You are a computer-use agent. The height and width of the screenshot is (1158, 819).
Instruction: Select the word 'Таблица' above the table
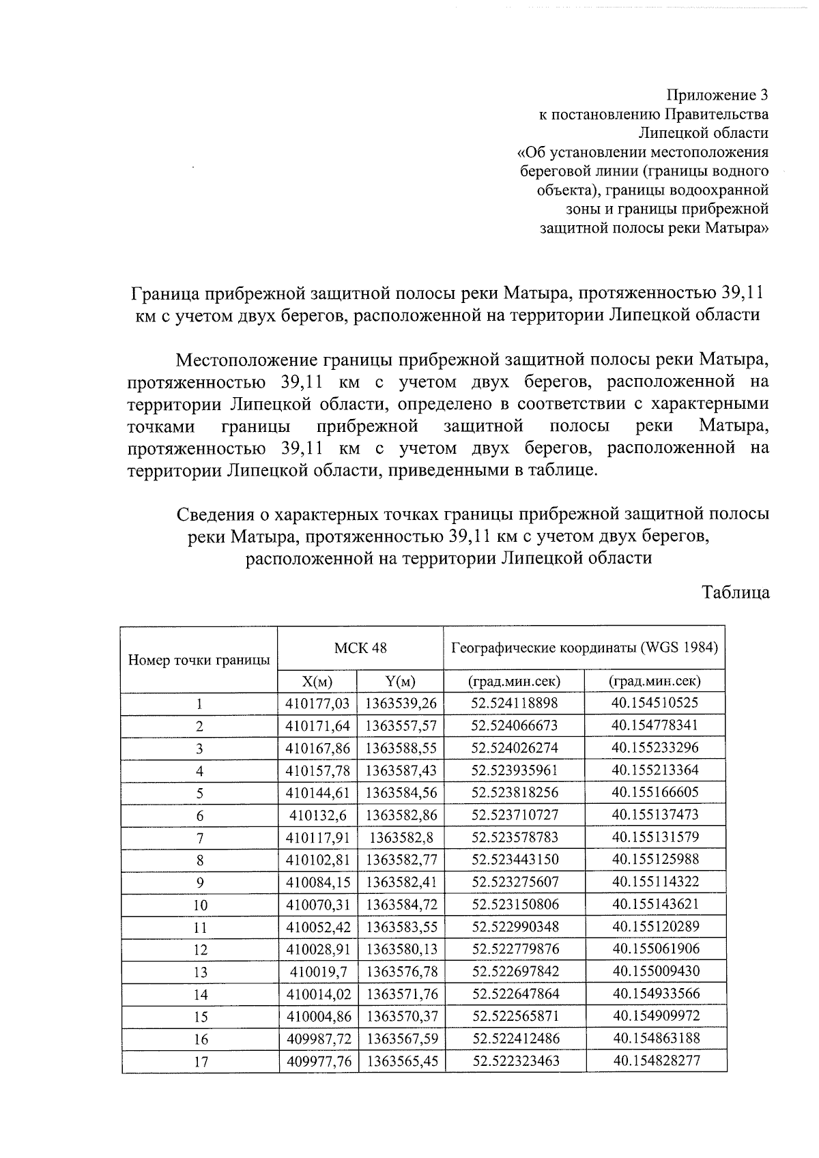pos(736,592)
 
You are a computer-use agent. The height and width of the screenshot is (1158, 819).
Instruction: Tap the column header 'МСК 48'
pos(360,648)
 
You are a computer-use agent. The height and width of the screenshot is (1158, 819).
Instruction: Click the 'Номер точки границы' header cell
pos(199,660)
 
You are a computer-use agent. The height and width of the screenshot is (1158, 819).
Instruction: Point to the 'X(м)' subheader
pos(317,681)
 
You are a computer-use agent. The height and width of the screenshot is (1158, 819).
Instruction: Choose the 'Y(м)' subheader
pos(401,681)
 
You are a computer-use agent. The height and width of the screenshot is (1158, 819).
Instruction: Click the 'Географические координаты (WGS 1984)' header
pos(584,648)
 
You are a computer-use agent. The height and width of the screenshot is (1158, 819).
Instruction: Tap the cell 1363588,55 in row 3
pos(401,748)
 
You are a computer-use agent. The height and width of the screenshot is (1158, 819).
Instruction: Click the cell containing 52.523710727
pos(515,815)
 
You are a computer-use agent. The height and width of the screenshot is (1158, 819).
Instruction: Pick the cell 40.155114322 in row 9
pos(656,882)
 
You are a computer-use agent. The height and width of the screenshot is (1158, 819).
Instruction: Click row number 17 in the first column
pos(200,1062)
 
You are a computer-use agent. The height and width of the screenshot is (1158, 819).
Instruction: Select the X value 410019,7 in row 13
pos(317,971)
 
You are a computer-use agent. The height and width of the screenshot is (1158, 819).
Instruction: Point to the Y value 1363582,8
pos(401,837)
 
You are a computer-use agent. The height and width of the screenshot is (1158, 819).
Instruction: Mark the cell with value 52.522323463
pos(515,1061)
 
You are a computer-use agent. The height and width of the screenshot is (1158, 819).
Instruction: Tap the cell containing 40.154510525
pos(656,703)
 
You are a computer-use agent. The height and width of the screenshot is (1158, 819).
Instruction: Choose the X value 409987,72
pos(317,1039)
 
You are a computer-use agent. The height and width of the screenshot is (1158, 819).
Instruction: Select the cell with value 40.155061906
pos(656,949)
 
